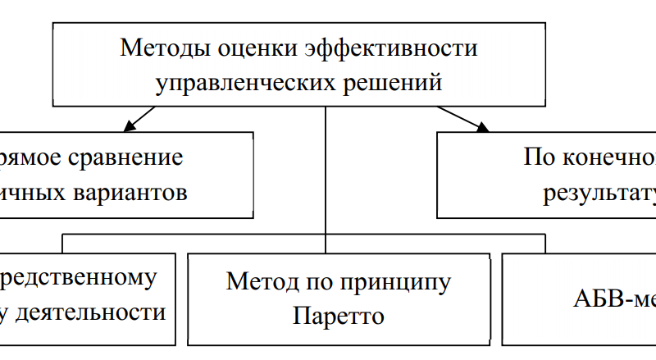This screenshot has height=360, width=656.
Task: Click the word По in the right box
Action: [x=536, y=157]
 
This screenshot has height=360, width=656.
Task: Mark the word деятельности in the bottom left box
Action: [x=104, y=312]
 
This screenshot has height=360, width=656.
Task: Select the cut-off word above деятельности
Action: [x=78, y=277]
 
